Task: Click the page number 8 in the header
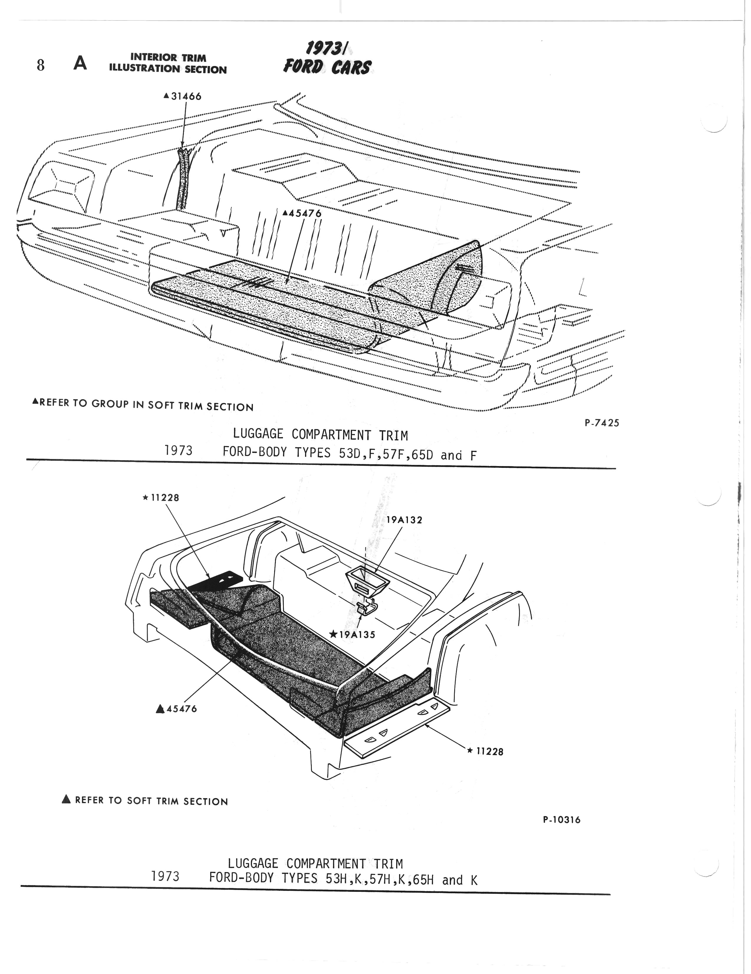coord(41,66)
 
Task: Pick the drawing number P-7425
coord(602,423)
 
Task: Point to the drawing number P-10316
coord(562,820)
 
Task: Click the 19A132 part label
coord(404,520)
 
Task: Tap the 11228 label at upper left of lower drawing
coord(164,498)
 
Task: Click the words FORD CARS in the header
coord(327,67)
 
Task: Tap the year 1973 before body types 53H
coord(165,877)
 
